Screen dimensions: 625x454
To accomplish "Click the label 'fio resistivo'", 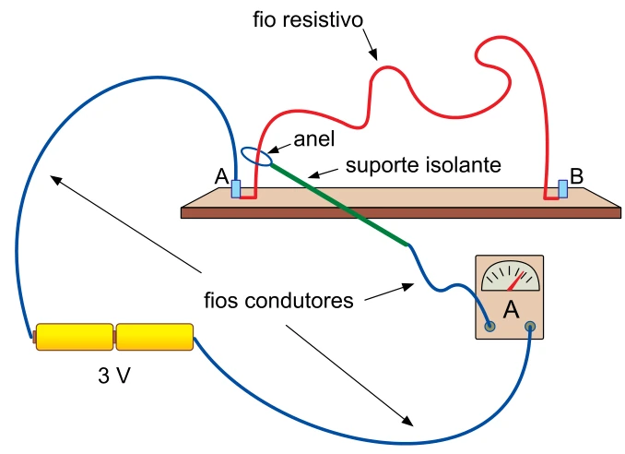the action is click(308, 20).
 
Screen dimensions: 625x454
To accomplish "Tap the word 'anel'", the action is click(314, 139).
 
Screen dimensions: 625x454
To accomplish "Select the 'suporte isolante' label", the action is click(423, 165).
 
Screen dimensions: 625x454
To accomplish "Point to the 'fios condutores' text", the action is click(278, 301).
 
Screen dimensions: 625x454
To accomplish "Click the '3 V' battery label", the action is click(114, 376).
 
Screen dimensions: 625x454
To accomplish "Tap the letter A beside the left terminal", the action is click(221, 176).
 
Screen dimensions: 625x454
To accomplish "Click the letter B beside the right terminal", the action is click(576, 176).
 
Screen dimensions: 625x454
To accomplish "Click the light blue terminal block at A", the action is click(236, 189).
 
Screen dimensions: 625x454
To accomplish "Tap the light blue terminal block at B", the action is click(563, 188).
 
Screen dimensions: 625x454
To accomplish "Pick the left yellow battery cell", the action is click(75, 337).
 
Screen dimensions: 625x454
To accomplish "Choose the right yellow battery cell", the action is click(155, 337).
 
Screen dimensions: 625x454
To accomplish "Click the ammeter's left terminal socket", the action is click(489, 327).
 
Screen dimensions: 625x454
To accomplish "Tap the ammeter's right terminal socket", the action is click(530, 327).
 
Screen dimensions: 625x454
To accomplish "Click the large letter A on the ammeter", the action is click(511, 309).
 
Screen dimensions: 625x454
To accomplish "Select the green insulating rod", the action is click(339, 204).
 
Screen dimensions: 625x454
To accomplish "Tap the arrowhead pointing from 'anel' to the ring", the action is click(274, 149).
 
